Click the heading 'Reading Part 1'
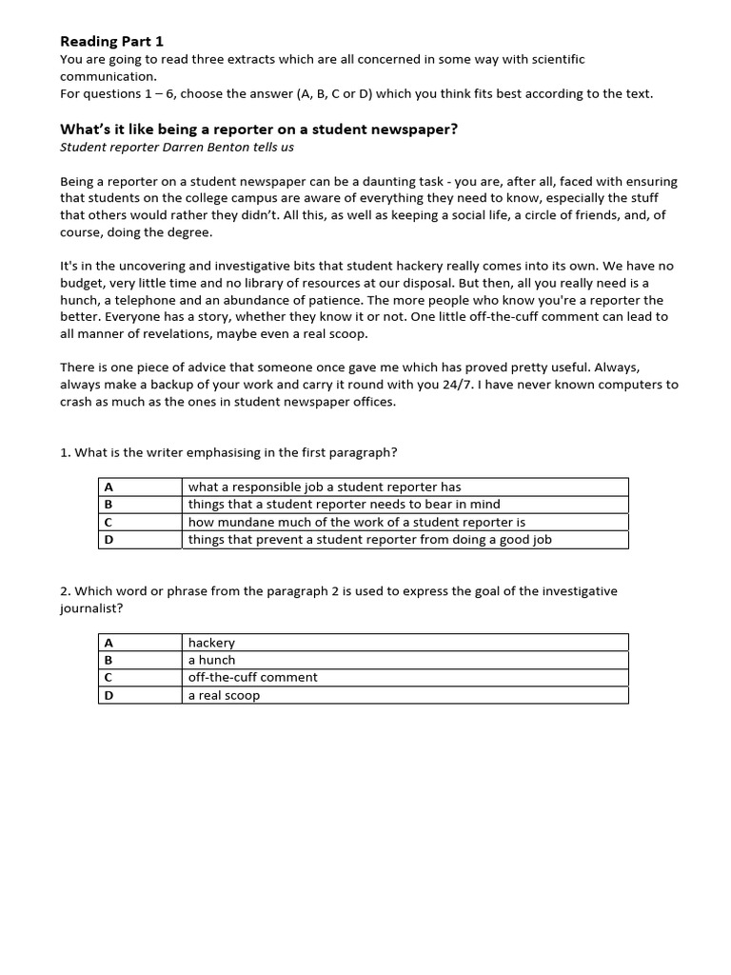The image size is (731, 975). point(111,41)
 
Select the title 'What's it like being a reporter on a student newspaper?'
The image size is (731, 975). point(259,129)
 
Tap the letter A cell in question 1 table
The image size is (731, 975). point(109,487)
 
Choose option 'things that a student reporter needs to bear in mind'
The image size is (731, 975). point(344,505)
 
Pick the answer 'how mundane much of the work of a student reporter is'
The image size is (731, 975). point(356,522)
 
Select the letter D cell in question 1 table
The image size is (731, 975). point(109,540)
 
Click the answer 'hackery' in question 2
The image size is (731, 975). point(211,643)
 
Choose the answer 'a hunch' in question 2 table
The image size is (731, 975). point(211,660)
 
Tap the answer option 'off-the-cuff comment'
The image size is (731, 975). point(252,677)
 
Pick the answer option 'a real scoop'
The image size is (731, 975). point(224,695)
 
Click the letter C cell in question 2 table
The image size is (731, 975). point(109,677)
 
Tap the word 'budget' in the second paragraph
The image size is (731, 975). point(83,282)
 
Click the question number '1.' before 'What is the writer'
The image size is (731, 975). point(66,452)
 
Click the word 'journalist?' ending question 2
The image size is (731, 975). point(91,607)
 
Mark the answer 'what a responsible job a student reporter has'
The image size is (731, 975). point(325,487)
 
